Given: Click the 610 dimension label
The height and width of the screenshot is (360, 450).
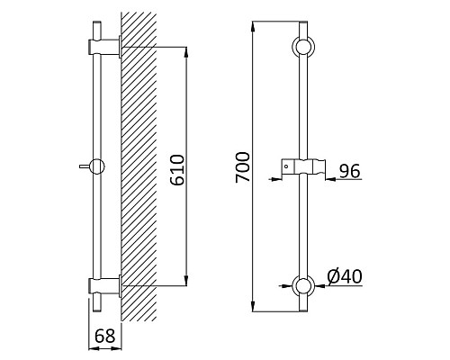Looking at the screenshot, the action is [x=177, y=170].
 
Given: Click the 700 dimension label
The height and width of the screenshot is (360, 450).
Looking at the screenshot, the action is [x=243, y=167].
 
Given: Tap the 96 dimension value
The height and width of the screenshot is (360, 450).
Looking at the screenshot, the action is [x=349, y=171].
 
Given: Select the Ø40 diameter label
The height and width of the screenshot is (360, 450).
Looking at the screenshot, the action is [x=345, y=276].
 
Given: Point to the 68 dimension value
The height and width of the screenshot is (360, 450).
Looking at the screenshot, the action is [x=105, y=336].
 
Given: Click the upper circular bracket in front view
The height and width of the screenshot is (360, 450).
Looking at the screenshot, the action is [x=303, y=47].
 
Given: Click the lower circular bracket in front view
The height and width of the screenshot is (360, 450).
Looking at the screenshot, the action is [x=303, y=285].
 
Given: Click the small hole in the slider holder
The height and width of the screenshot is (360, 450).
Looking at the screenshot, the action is [x=286, y=166].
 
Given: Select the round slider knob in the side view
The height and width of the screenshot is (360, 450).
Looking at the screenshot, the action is [x=96, y=166].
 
